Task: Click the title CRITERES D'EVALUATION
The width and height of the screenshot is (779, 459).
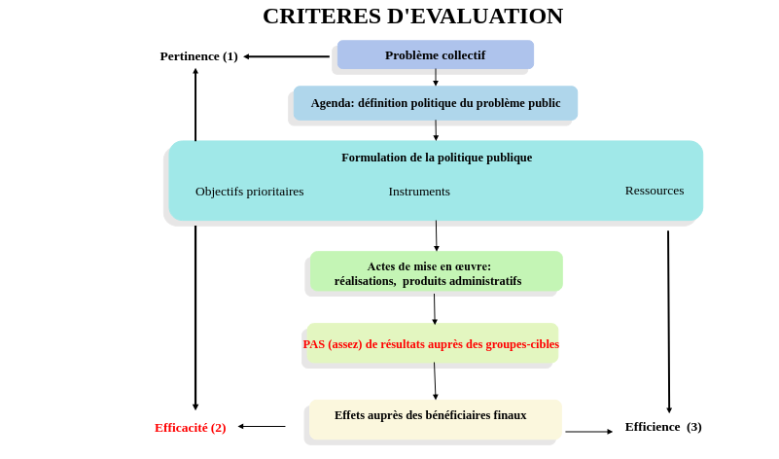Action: tap(412, 17)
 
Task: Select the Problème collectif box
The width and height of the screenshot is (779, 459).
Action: tap(435, 54)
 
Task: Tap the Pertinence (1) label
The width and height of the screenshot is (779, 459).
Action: tap(198, 56)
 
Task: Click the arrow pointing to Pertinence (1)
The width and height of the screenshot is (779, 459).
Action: tap(286, 56)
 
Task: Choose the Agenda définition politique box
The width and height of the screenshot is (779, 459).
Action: tap(435, 103)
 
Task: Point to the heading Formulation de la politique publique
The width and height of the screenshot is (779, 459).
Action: tap(437, 158)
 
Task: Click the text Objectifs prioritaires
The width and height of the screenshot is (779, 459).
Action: tap(249, 192)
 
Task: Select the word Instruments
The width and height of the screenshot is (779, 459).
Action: tap(419, 192)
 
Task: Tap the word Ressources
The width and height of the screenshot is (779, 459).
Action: tap(654, 191)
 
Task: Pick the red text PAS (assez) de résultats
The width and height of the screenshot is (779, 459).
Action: tap(431, 344)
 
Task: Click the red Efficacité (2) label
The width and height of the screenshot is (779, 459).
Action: tap(191, 428)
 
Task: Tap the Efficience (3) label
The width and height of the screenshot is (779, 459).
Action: tap(663, 427)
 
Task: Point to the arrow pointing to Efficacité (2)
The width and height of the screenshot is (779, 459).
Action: tap(262, 426)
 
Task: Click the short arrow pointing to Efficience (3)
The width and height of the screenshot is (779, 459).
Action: tap(588, 431)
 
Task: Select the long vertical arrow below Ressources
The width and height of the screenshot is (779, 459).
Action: tap(668, 321)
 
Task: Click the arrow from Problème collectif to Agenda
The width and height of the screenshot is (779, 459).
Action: tap(436, 77)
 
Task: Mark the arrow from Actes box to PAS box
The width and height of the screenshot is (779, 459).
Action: tap(435, 308)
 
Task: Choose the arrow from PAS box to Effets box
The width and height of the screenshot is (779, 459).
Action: tap(435, 380)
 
